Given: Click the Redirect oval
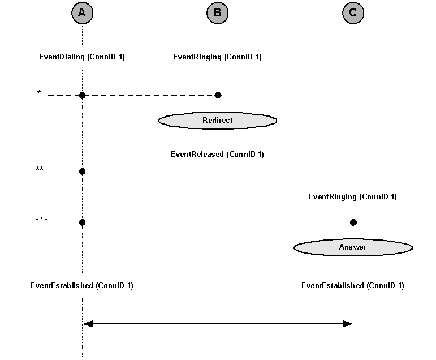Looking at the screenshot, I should click(x=218, y=120).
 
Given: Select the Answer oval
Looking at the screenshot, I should click(x=353, y=247).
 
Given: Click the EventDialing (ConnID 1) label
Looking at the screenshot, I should click(x=81, y=57).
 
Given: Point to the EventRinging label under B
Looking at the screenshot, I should click(x=217, y=57).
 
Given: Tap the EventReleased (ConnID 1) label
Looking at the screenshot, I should click(x=217, y=154).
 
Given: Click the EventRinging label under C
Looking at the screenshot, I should click(x=352, y=197).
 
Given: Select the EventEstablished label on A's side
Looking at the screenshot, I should click(x=81, y=285).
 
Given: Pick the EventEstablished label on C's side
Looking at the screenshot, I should click(x=352, y=285).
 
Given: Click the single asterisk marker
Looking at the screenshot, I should click(x=39, y=93).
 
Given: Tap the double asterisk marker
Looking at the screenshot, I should click(x=39, y=169).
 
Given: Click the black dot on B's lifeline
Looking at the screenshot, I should click(x=218, y=95).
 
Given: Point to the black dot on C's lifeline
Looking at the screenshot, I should click(x=353, y=222).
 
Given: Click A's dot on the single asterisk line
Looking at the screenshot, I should click(x=82, y=95).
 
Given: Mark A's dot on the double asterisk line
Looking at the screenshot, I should click(x=82, y=171).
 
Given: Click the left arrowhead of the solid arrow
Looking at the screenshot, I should click(x=87, y=324).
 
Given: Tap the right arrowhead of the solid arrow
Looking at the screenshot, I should click(x=348, y=324).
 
